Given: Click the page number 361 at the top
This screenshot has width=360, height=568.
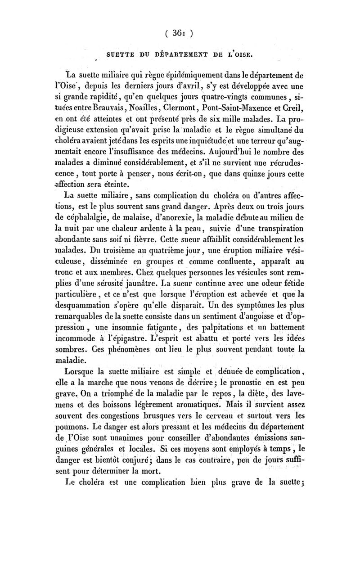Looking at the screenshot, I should (x=179, y=32).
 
